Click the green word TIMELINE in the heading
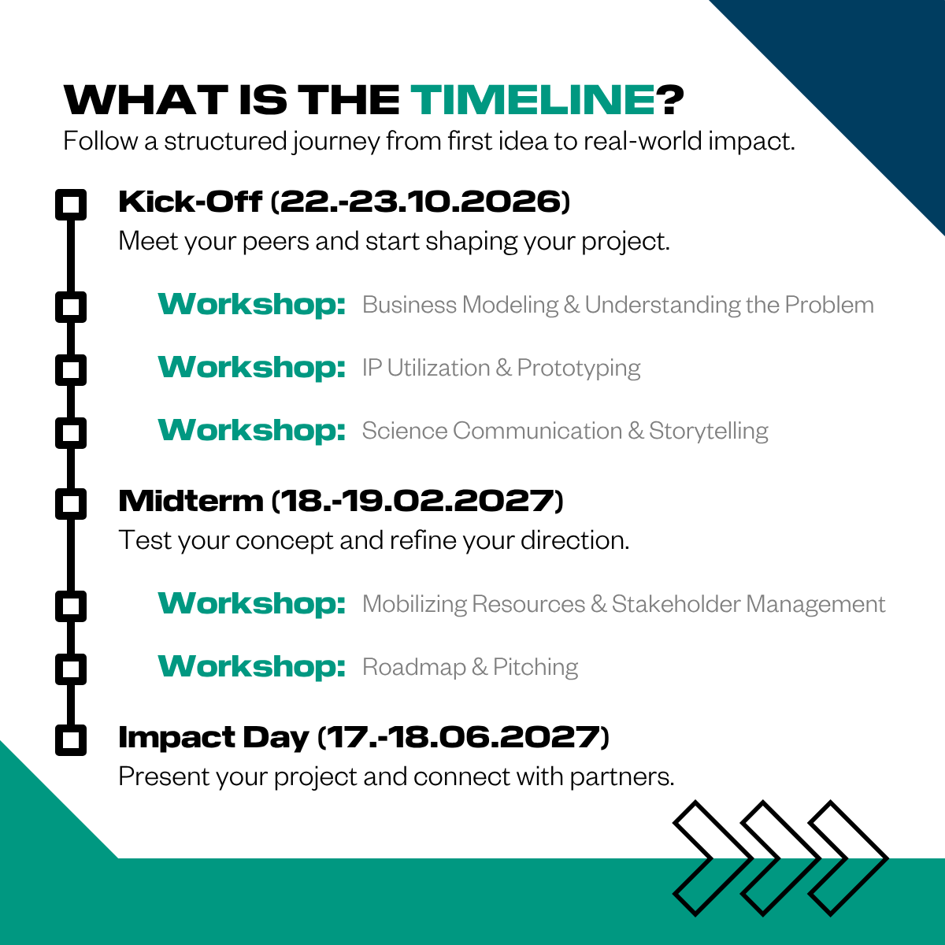(532, 100)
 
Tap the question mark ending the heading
(670, 100)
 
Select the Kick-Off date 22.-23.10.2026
(421, 202)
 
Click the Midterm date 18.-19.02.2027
(417, 501)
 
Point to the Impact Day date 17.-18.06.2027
(463, 737)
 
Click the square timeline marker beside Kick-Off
(71, 205)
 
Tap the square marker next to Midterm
(71, 504)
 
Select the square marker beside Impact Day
(71, 740)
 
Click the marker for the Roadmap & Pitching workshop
(71, 669)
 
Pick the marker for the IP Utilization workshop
(71, 370)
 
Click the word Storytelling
(709, 432)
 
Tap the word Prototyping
(579, 369)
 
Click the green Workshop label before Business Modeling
(251, 305)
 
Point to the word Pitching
(535, 668)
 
